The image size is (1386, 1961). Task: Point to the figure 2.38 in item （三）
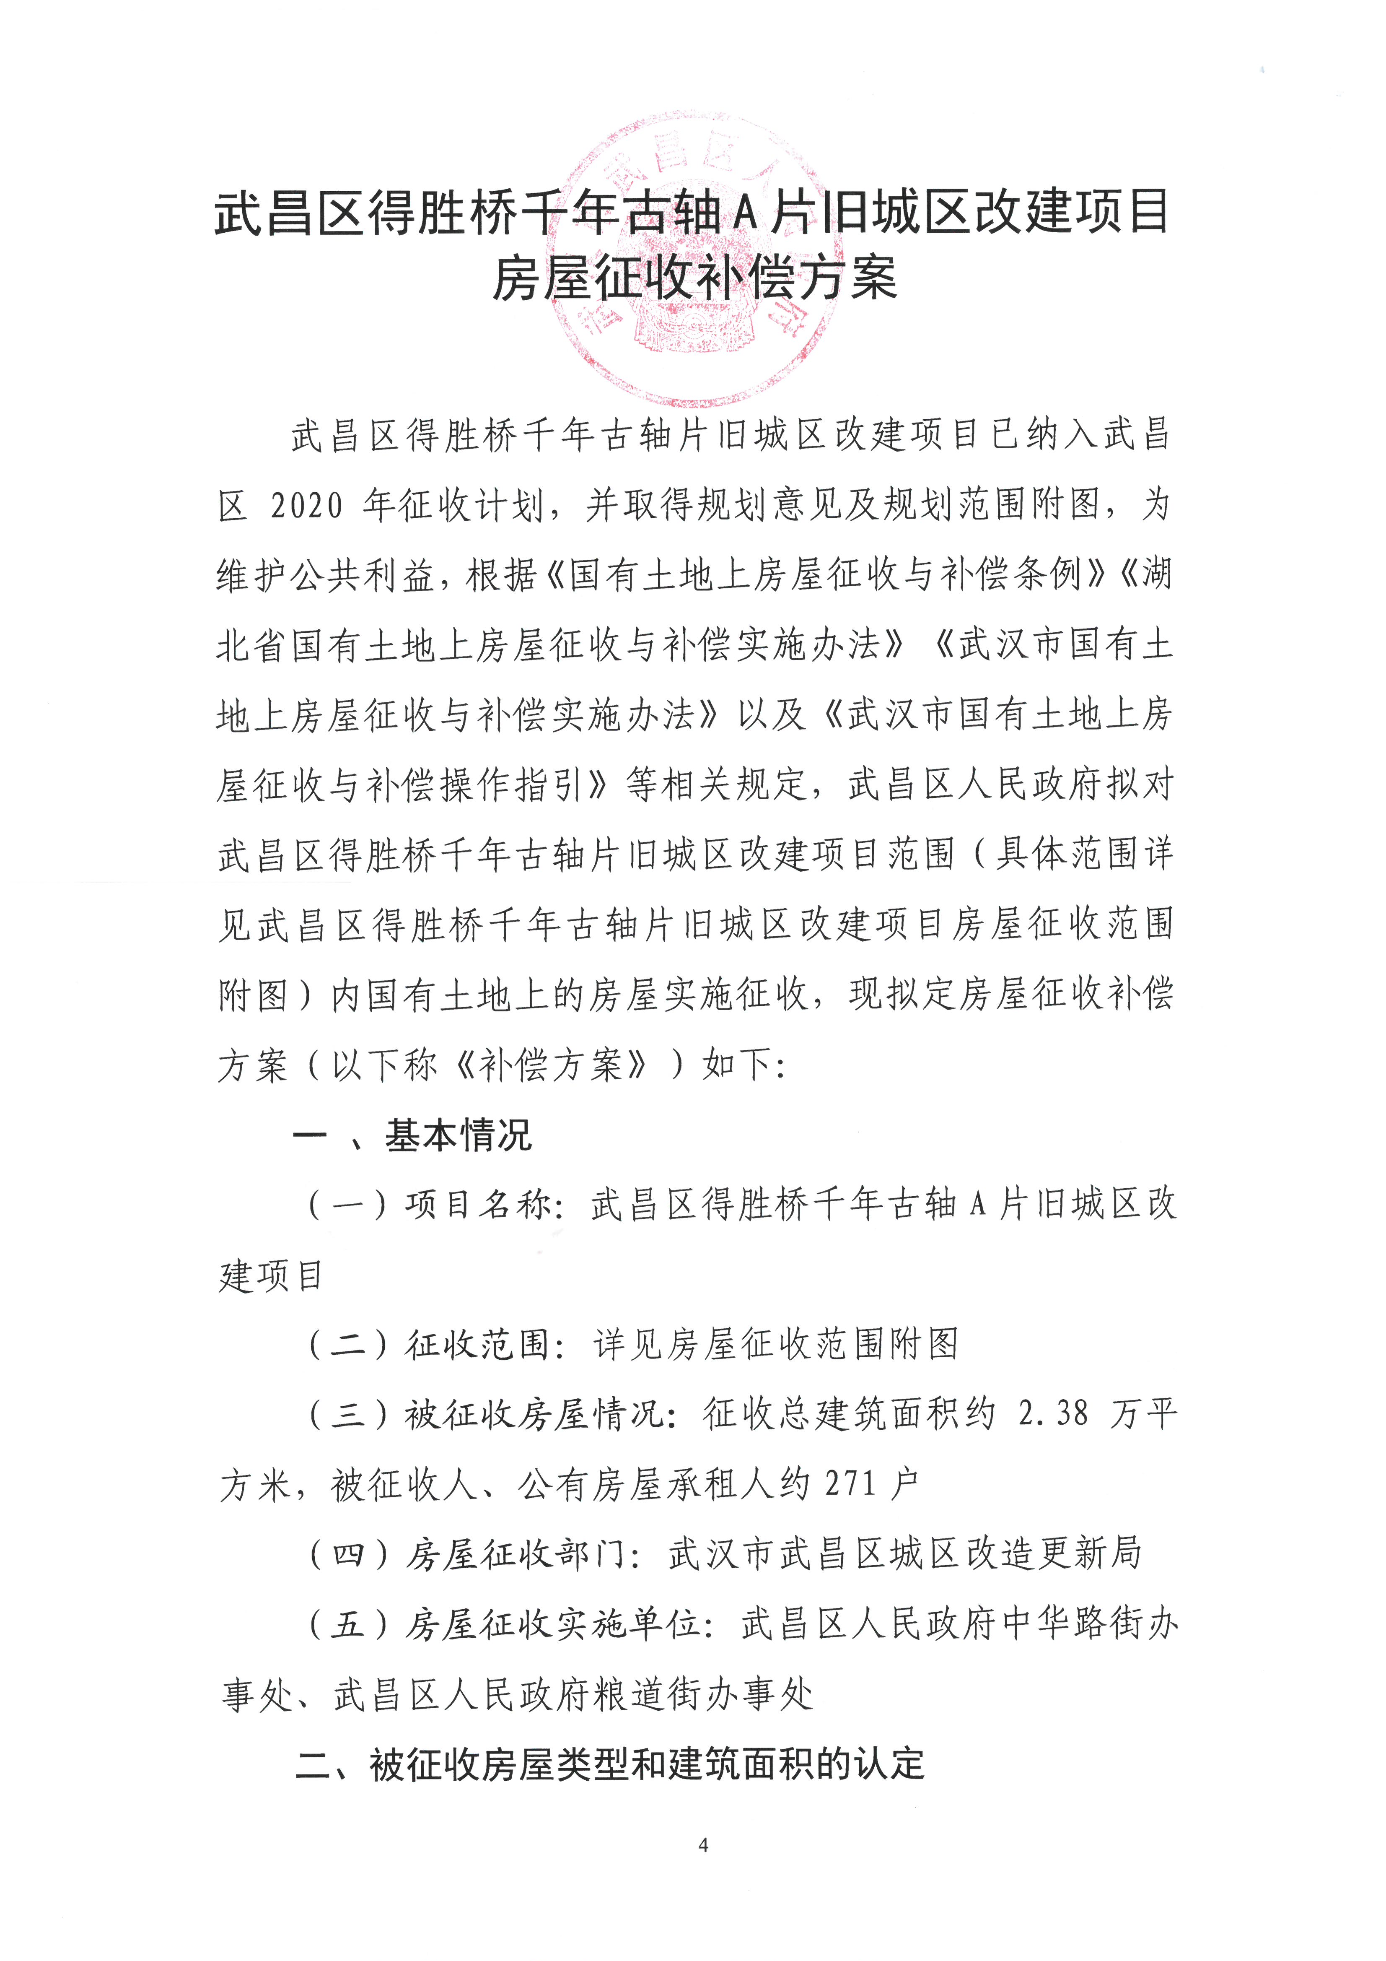[x=1054, y=1414]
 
